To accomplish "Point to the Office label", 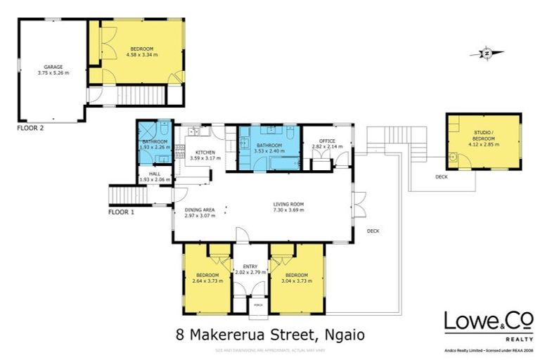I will [328, 141].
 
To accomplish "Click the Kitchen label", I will [205, 153].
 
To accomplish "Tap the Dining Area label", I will [200, 210].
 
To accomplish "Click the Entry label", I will [250, 266].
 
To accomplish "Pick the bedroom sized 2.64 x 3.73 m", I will [207, 277].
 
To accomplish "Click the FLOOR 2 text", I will [31, 129].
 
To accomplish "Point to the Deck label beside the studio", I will [442, 176].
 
